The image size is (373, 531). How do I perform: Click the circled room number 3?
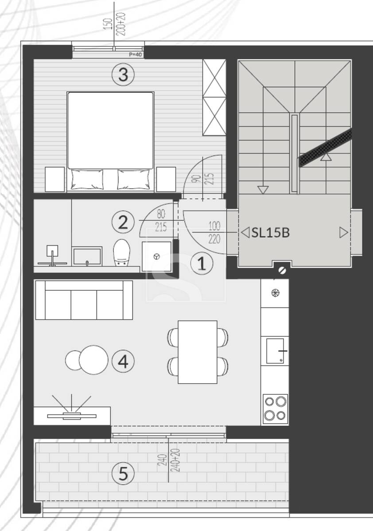[123, 74]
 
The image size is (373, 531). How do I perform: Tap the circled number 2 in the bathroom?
[123, 222]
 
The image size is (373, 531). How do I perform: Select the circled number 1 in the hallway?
[202, 263]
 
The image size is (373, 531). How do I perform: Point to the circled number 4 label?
[123, 361]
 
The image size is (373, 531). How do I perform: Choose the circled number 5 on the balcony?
[123, 473]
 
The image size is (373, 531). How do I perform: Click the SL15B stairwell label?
[271, 232]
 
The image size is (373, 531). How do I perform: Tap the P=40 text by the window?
[135, 54]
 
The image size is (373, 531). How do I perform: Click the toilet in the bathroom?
[121, 253]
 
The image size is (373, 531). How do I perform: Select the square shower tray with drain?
[157, 257]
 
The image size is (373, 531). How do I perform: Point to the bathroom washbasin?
[87, 256]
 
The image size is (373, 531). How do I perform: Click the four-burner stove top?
[275, 409]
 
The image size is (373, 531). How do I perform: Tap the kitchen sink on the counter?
[275, 351]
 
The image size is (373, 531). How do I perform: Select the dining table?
[198, 352]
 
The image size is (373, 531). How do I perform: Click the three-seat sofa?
[84, 300]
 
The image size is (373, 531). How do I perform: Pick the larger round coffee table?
[93, 360]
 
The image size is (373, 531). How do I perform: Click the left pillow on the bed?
[87, 180]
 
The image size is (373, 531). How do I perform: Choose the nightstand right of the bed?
[166, 179]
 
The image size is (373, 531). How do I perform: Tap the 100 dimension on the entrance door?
[214, 226]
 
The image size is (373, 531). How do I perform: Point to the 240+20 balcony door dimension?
[175, 460]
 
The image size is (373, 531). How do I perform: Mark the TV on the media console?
[72, 416]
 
